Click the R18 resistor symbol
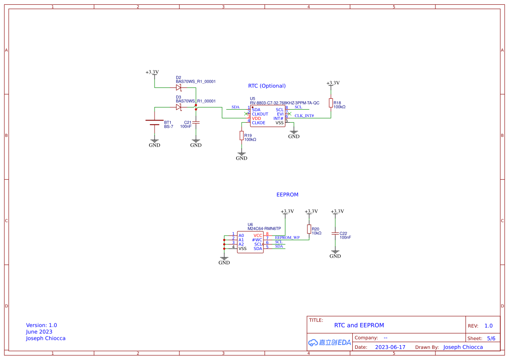click(x=331, y=103)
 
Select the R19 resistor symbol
click(x=242, y=136)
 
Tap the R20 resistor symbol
click(x=309, y=229)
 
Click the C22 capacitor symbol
click(x=335, y=234)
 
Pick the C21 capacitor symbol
click(x=196, y=123)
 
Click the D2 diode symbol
click(x=179, y=87)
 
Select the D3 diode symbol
click(x=179, y=107)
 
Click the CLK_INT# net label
click(x=304, y=116)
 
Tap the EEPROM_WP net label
click(x=287, y=238)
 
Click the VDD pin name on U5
click(x=256, y=118)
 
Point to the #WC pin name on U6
click(x=257, y=240)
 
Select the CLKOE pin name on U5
click(x=259, y=123)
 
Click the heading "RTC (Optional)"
click(x=267, y=86)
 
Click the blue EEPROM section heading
click(x=287, y=195)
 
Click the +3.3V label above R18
click(x=333, y=83)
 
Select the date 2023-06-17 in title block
click(x=390, y=347)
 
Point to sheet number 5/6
click(x=491, y=338)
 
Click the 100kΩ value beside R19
click(x=250, y=140)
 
